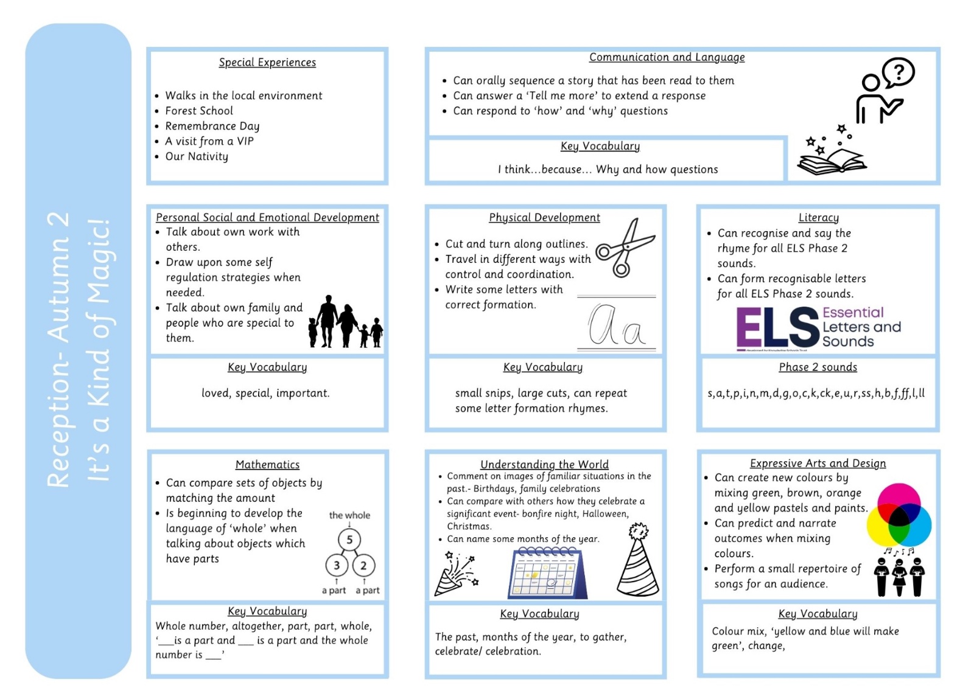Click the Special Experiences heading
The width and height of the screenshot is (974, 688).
267,62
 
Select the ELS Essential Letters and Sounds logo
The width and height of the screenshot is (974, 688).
818,328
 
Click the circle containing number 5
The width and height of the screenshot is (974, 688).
349,540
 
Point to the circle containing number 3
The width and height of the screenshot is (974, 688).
337,565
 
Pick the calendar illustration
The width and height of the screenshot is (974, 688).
548,573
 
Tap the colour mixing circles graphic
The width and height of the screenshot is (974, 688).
899,515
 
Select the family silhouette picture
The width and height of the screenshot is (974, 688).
345,321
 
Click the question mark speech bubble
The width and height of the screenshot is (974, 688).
899,72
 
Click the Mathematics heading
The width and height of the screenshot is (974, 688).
267,464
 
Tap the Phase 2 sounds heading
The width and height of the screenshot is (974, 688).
818,367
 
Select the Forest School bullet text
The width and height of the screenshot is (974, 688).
198,110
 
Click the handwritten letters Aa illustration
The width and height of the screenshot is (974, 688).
617,324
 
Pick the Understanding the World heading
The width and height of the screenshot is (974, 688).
544,464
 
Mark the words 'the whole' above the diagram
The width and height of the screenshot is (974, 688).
349,515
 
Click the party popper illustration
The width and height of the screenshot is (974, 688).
457,573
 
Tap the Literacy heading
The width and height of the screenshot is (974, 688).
818,217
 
